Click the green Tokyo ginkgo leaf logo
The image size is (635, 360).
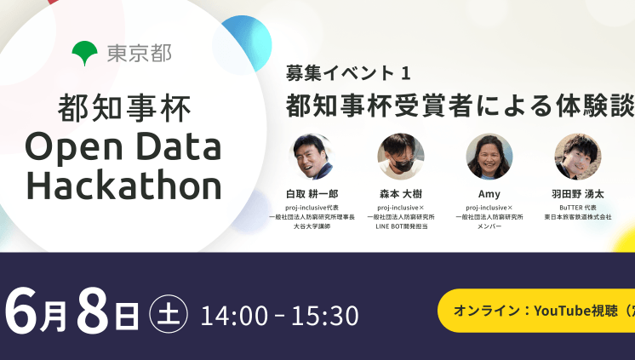tap(85, 54)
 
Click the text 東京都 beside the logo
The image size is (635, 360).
tap(139, 54)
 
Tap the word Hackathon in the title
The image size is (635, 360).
tap(123, 183)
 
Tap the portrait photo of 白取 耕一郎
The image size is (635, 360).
tap(312, 156)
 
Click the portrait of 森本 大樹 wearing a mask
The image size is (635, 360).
tap(400, 156)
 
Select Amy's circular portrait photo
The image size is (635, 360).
tap(489, 156)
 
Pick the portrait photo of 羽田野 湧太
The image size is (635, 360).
tap(577, 156)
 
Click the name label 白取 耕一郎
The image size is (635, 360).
tap(312, 194)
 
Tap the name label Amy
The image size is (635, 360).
tap(489, 194)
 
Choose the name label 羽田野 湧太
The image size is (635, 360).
tap(577, 194)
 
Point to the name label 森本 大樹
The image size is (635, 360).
tap(401, 194)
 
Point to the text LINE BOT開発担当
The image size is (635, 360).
tap(401, 227)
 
